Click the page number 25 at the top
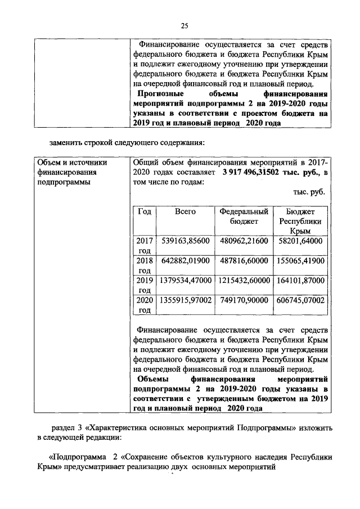click(184, 24)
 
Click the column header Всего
click(185, 211)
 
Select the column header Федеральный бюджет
click(243, 217)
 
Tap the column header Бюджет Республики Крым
click(300, 221)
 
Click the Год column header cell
click(145, 211)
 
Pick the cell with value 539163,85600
click(185, 241)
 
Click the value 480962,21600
click(243, 241)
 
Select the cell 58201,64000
click(300, 241)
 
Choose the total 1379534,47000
click(185, 280)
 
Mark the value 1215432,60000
click(243, 280)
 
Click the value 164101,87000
click(300, 280)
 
